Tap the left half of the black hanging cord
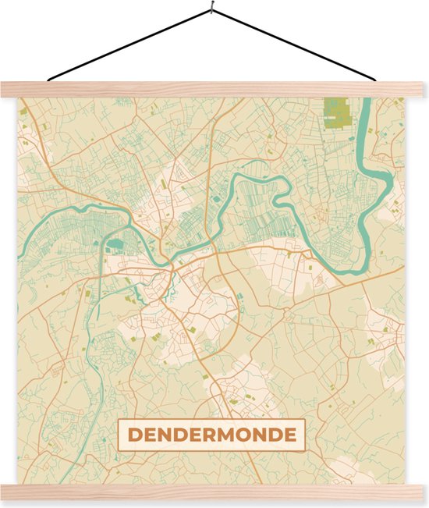tap(129, 46)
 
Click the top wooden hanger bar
tap(214, 89)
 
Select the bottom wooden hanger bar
tap(214, 492)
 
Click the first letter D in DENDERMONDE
tap(134, 435)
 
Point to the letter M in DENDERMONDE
tap(229, 435)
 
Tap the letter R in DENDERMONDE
tap(210, 435)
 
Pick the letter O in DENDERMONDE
tap(248, 435)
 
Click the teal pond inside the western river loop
tap(116, 244)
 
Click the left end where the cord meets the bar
tap(48, 79)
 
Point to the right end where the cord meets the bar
tap(378, 79)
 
